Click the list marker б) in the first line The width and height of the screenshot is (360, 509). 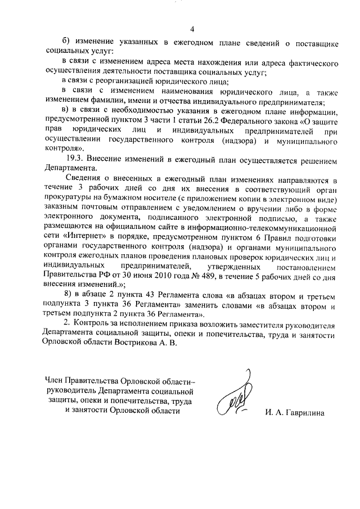(x=65, y=43)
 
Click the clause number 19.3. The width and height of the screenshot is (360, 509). (x=77, y=161)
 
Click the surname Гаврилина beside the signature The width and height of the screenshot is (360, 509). (x=300, y=413)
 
